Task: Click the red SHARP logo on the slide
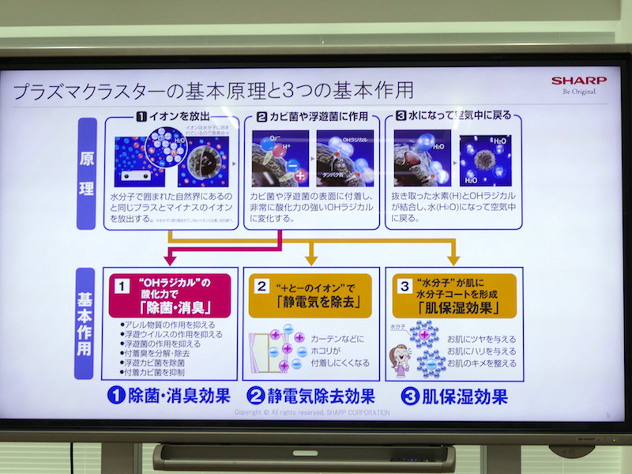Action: click(x=578, y=80)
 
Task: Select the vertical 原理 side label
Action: click(x=86, y=174)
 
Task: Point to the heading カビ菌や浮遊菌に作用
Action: click(x=313, y=116)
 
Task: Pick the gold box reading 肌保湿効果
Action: click(x=453, y=296)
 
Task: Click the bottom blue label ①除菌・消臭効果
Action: click(x=168, y=395)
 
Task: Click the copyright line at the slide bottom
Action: click(x=312, y=412)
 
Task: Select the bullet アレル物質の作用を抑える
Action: click(x=167, y=324)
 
